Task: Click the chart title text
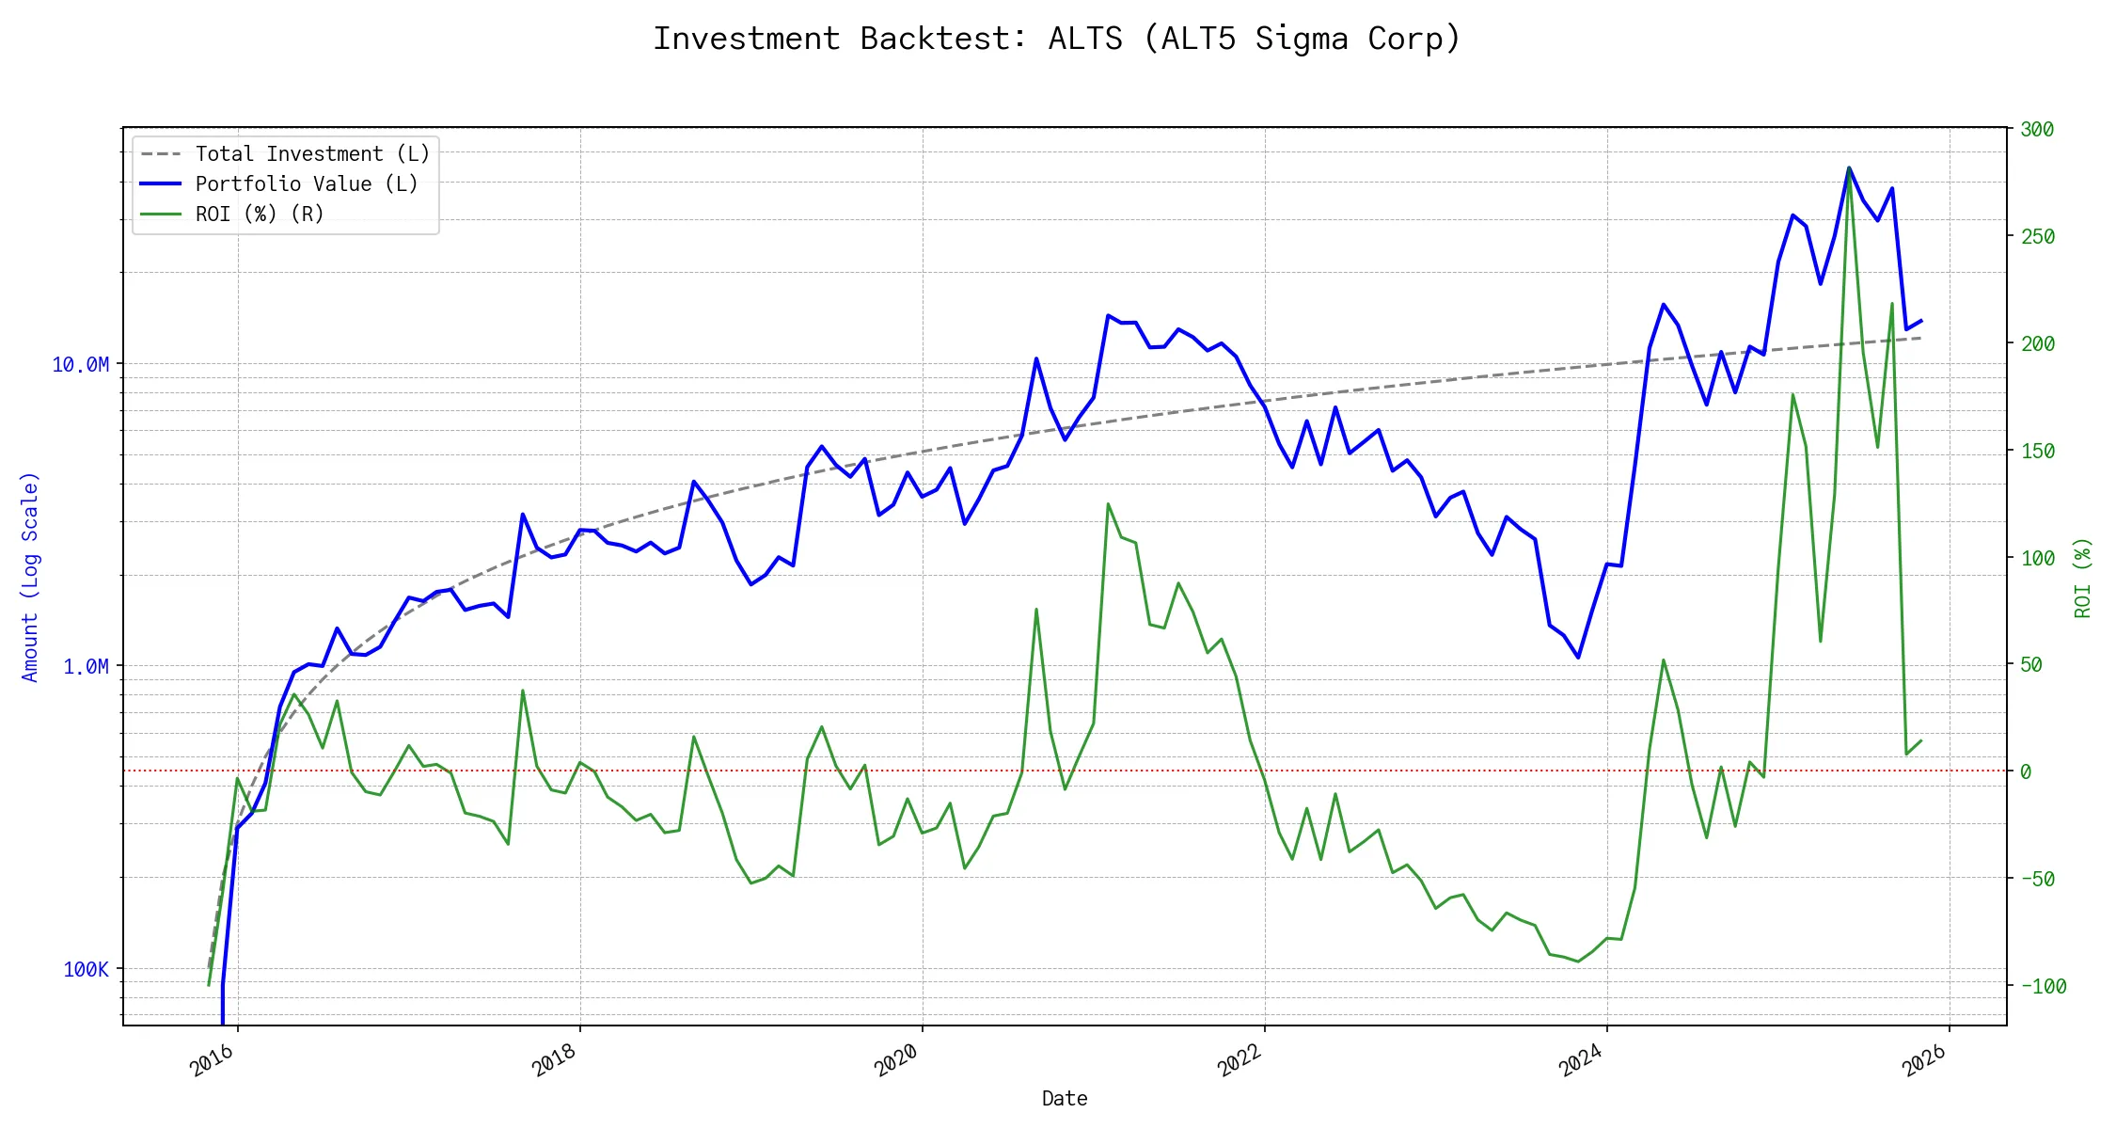[x=1057, y=39]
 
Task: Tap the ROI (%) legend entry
[x=259, y=215]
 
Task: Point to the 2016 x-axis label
[x=213, y=1060]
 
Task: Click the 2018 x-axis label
[x=555, y=1060]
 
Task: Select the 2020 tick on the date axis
[x=897, y=1060]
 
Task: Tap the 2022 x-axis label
[x=1240, y=1060]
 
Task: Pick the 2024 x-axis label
[x=1582, y=1060]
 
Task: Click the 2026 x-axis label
[x=1924, y=1060]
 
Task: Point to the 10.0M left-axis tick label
[x=80, y=365]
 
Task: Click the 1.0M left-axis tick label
[x=86, y=667]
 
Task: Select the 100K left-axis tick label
[x=86, y=969]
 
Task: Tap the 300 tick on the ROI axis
[x=2037, y=130]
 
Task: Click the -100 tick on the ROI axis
[x=2043, y=986]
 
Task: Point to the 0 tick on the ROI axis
[x=2026, y=771]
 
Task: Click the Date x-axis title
[x=1065, y=1099]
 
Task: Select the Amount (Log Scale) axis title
[x=30, y=577]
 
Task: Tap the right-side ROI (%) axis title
[x=2083, y=577]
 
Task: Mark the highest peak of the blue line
[x=1849, y=168]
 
